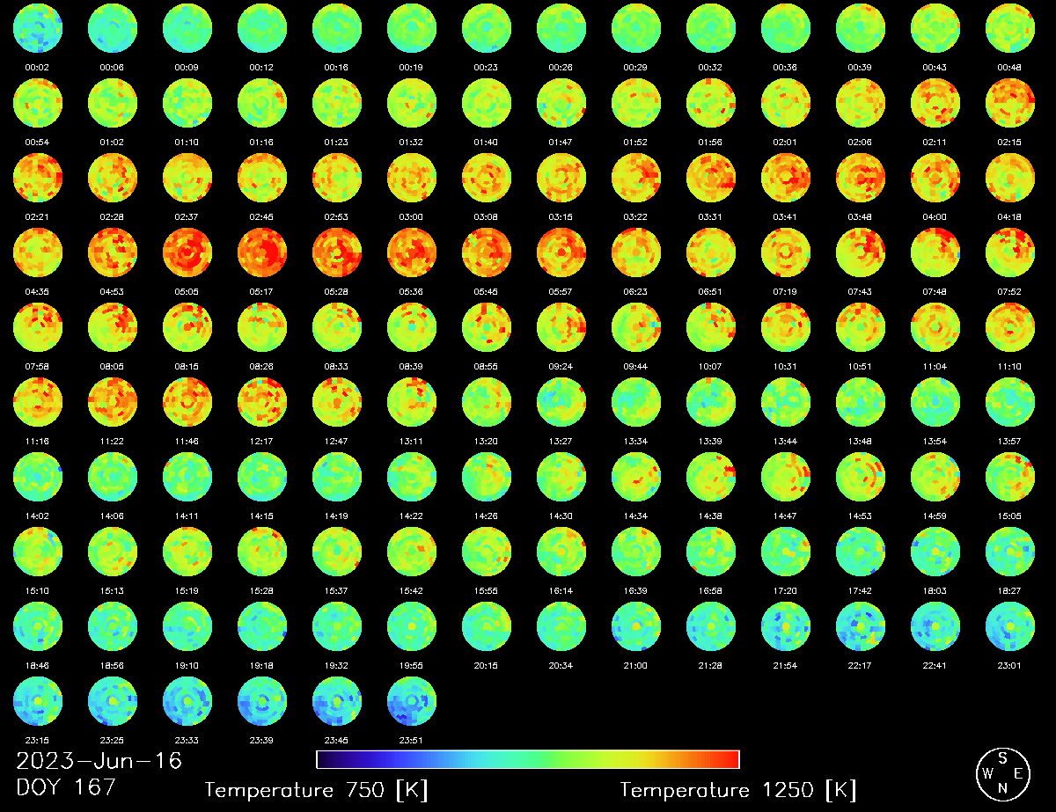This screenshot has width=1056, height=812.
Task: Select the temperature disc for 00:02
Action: pos(38,28)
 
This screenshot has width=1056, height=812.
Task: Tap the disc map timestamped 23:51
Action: pos(412,700)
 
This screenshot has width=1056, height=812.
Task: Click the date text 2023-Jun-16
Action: pos(99,760)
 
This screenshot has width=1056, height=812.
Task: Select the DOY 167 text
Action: pos(66,786)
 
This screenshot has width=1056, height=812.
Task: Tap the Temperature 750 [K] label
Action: pos(316,790)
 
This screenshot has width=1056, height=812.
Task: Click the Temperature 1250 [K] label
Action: pos(737,790)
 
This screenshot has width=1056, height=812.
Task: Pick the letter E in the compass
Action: pos(1018,773)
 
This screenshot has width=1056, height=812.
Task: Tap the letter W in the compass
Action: pos(986,773)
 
